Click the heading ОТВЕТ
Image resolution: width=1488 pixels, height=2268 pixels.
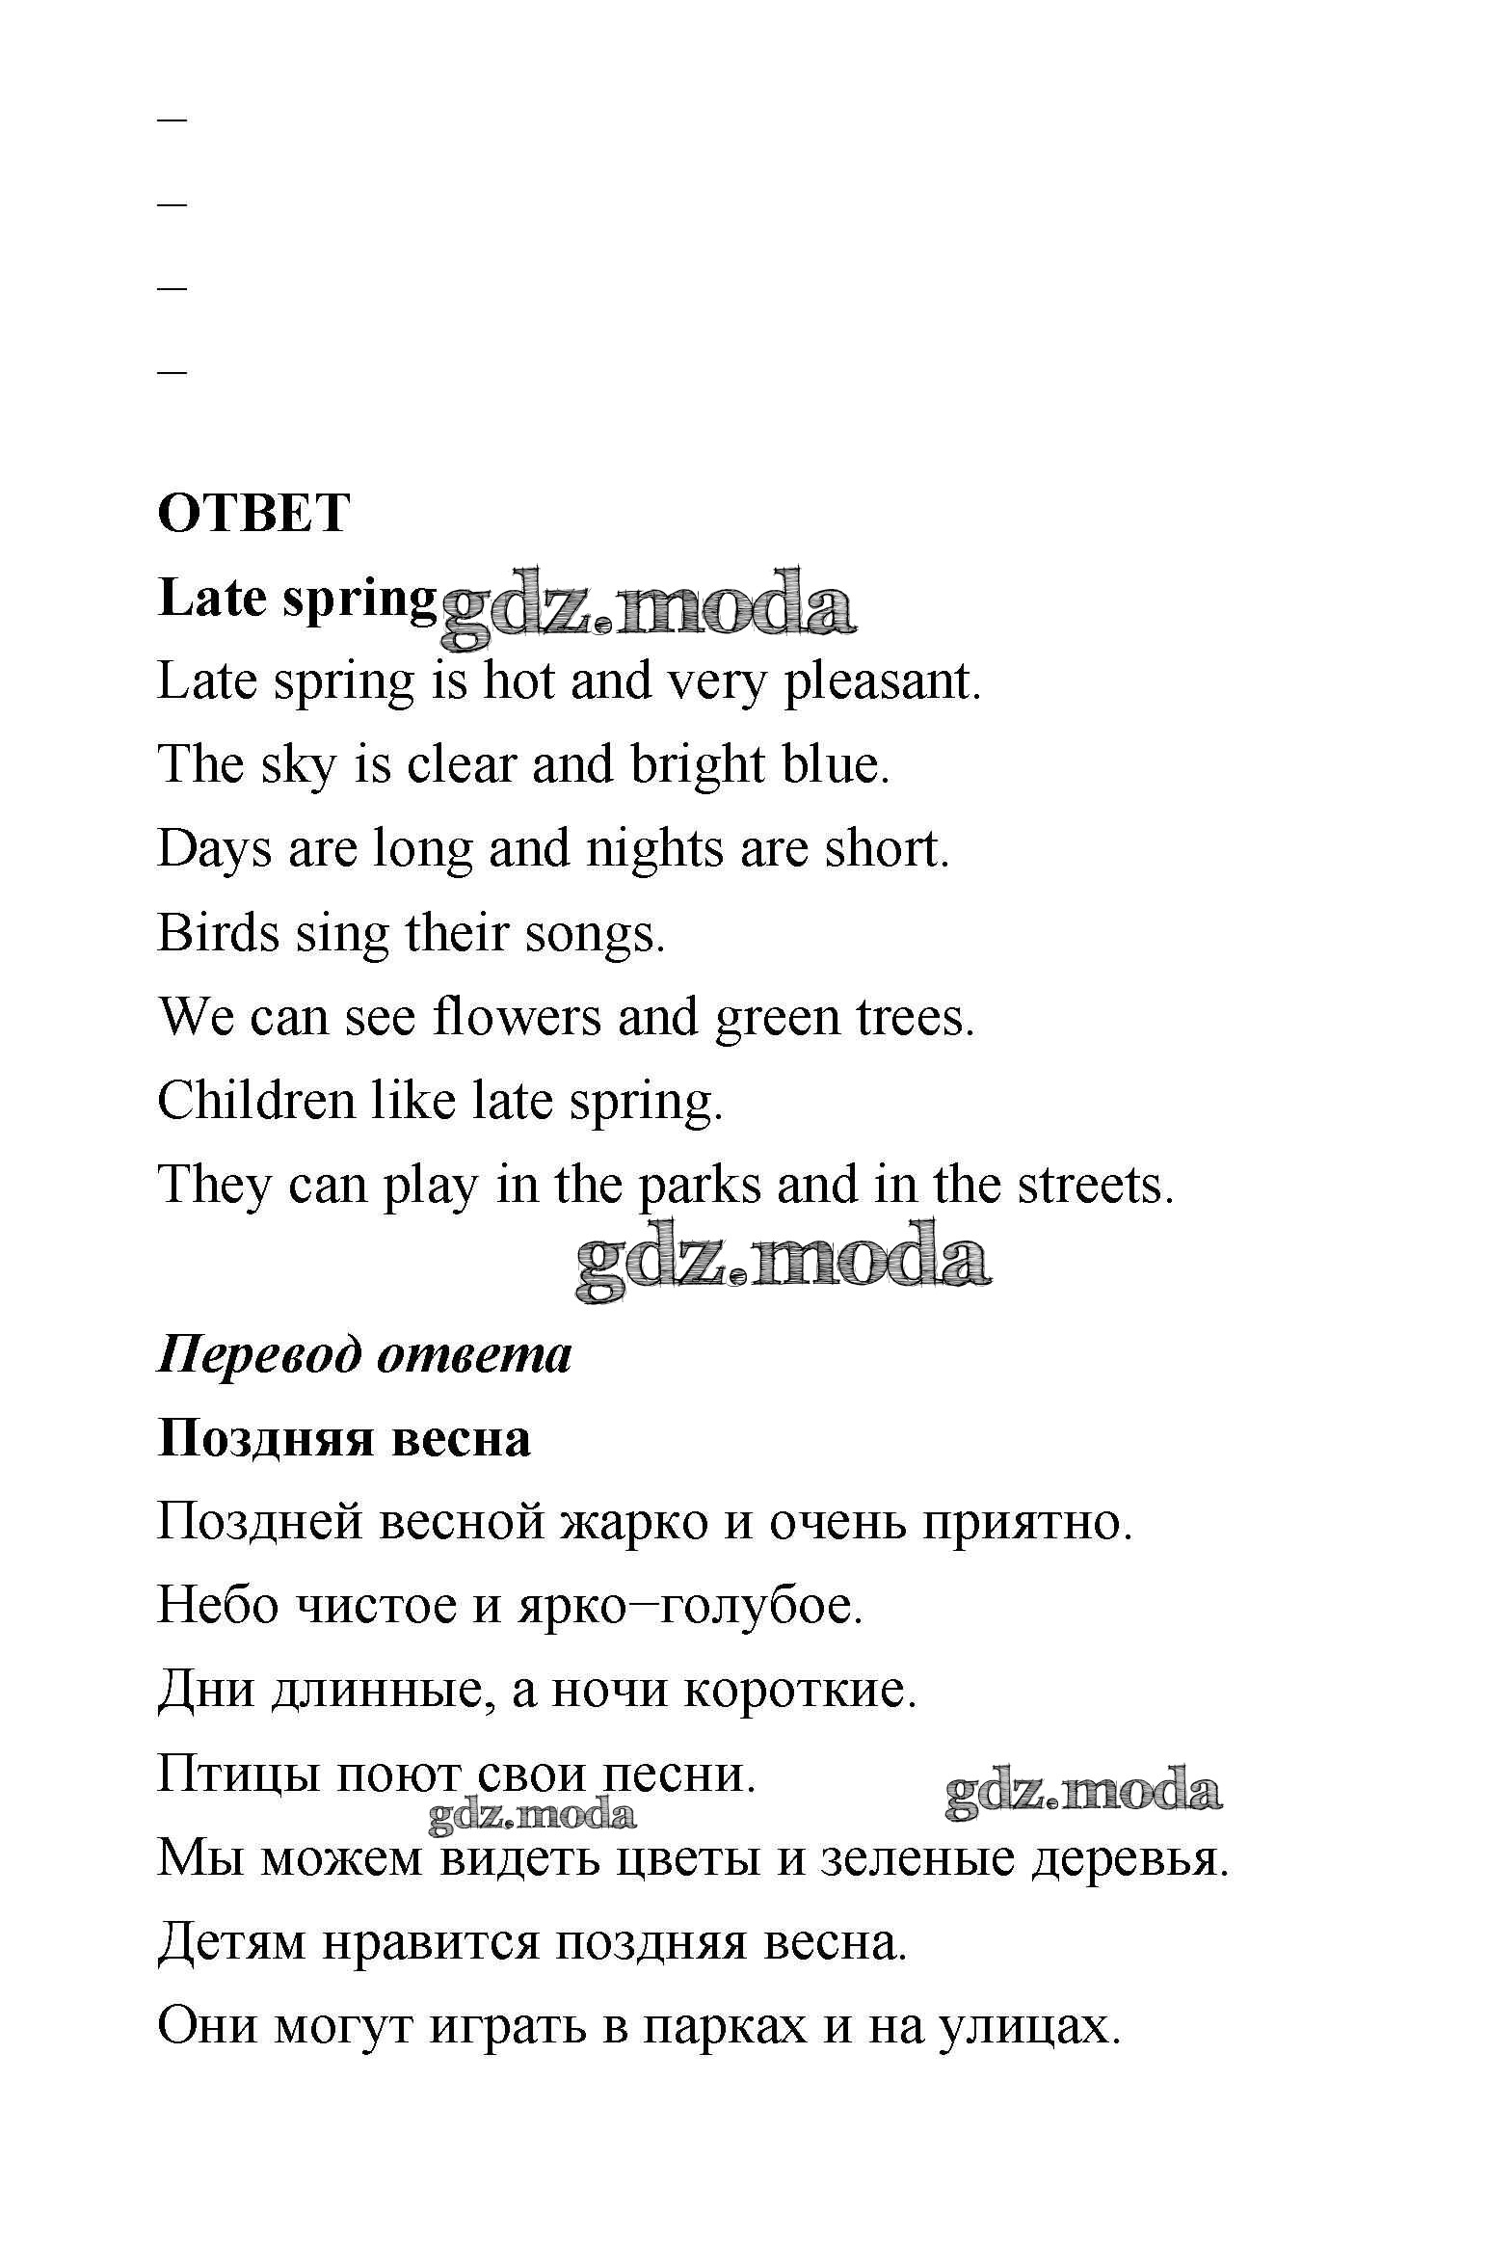coord(252,513)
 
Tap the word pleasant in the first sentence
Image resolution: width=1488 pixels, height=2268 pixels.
coord(881,682)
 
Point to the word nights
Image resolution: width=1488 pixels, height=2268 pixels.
coord(654,849)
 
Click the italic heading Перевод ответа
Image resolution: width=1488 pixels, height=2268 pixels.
coord(364,1354)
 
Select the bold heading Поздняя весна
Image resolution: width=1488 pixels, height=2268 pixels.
coord(344,1439)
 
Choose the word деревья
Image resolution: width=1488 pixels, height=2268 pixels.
coord(1129,1858)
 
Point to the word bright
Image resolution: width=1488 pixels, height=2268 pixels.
coord(697,765)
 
